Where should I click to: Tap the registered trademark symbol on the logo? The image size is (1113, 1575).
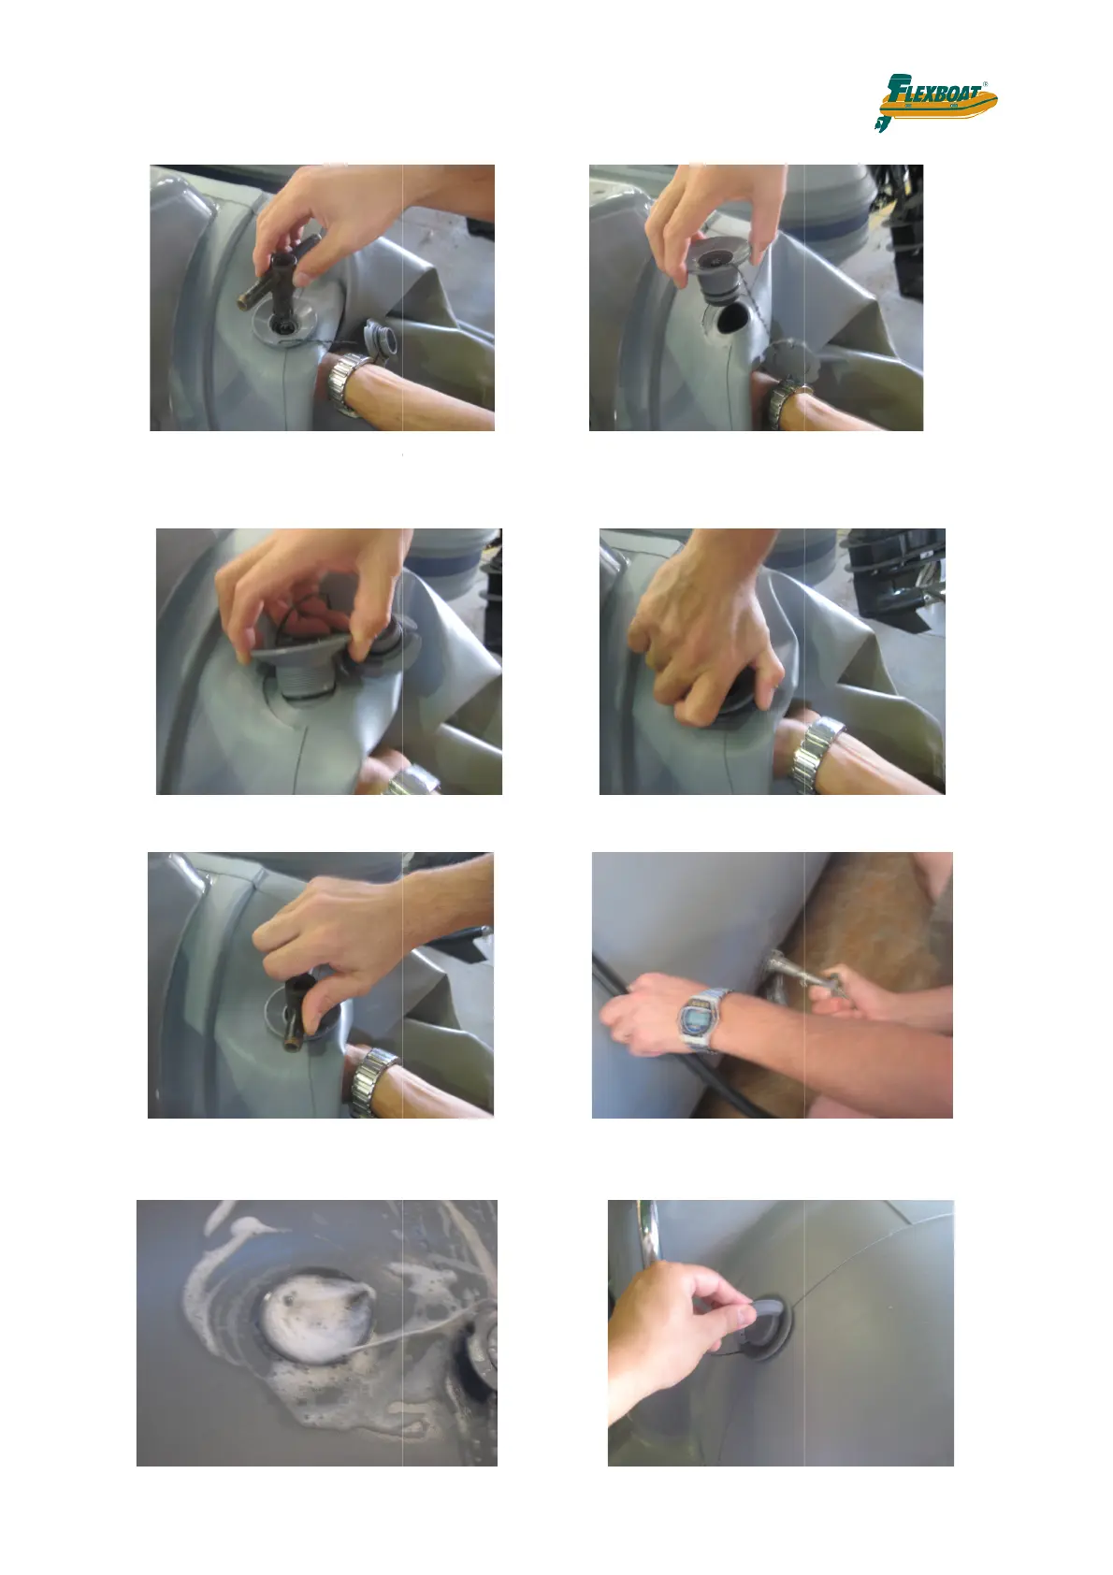985,84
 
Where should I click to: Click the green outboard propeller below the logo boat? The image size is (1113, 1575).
881,123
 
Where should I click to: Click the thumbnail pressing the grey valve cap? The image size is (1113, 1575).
746,1313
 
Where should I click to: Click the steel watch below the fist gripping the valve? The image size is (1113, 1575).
818,752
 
